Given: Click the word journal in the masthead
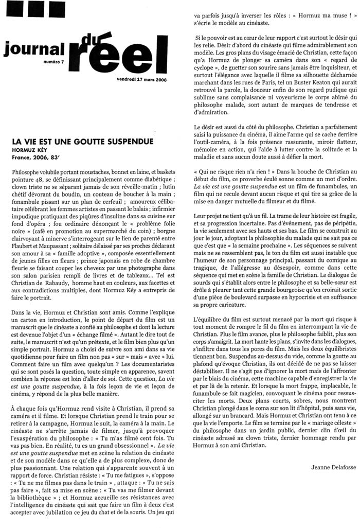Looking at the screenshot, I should coord(33,48).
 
